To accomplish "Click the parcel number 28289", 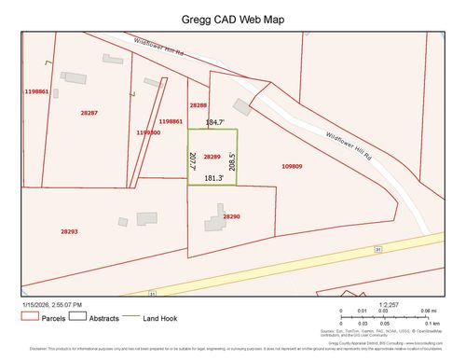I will pyautogui.click(x=212, y=157).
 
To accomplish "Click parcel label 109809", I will pyautogui.click(x=292, y=166).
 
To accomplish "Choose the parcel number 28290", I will pyautogui.click(x=231, y=216).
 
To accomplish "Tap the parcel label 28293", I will pyautogui.click(x=69, y=231).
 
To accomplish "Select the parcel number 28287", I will pyautogui.click(x=89, y=112).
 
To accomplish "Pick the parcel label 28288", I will pyautogui.click(x=199, y=105).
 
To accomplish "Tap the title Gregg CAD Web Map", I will pyautogui.click(x=232, y=19).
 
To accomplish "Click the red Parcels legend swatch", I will pyautogui.click(x=28, y=318).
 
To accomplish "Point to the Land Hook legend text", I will pyautogui.click(x=160, y=319).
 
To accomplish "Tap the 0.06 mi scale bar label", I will pyautogui.click(x=429, y=311).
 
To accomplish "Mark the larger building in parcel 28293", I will pyautogui.click(x=147, y=218).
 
